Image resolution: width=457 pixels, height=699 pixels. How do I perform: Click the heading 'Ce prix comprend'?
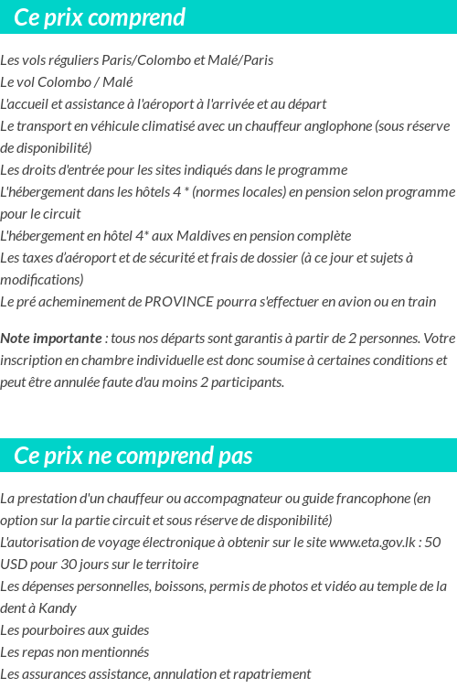[x=100, y=17]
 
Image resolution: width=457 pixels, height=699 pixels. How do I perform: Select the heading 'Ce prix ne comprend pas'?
[x=133, y=456]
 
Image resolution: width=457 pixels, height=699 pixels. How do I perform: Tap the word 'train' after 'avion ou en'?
[x=420, y=302]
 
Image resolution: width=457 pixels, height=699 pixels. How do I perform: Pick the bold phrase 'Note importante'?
[x=50, y=339]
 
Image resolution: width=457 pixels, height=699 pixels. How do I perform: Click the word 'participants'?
[x=248, y=382]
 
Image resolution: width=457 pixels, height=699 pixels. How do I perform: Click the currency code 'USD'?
[x=15, y=565]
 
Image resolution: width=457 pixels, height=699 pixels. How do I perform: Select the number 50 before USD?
[x=433, y=543]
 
